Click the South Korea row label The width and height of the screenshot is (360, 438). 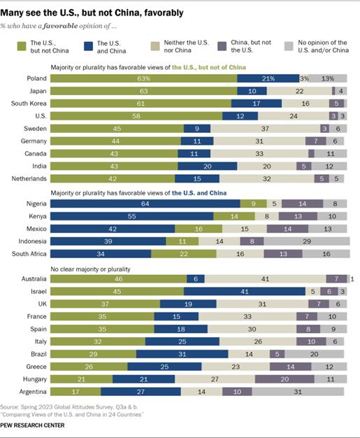pos(28,103)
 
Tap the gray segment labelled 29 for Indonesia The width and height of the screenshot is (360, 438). pos(306,242)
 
